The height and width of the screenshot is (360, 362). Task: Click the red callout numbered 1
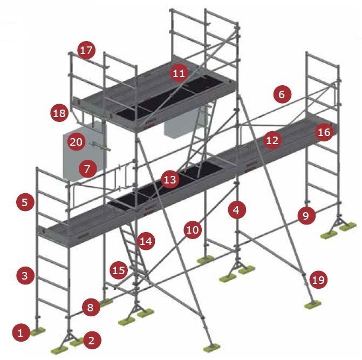click(21, 333)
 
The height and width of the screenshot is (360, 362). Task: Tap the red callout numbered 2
click(92, 341)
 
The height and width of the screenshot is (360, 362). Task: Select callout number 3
click(25, 275)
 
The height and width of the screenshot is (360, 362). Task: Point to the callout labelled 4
click(237, 210)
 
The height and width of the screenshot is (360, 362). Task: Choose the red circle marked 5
click(25, 202)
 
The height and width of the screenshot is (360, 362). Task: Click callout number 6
click(282, 94)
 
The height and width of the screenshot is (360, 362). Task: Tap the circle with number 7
click(87, 169)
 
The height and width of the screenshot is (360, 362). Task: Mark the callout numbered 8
click(91, 307)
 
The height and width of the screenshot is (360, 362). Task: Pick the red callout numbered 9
click(306, 215)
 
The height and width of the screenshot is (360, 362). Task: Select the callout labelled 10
click(193, 230)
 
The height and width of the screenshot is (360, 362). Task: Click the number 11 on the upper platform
click(179, 73)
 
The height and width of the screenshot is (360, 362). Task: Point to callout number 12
click(272, 140)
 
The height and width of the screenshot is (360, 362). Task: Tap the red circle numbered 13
click(170, 179)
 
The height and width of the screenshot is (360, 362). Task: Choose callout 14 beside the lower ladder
click(146, 241)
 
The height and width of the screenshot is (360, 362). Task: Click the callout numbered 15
click(119, 270)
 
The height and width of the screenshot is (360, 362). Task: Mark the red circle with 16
click(325, 132)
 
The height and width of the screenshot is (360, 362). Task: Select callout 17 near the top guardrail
click(86, 50)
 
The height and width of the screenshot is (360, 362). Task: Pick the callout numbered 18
click(59, 113)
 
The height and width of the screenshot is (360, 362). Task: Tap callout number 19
click(318, 280)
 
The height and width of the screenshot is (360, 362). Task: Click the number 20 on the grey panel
click(77, 142)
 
